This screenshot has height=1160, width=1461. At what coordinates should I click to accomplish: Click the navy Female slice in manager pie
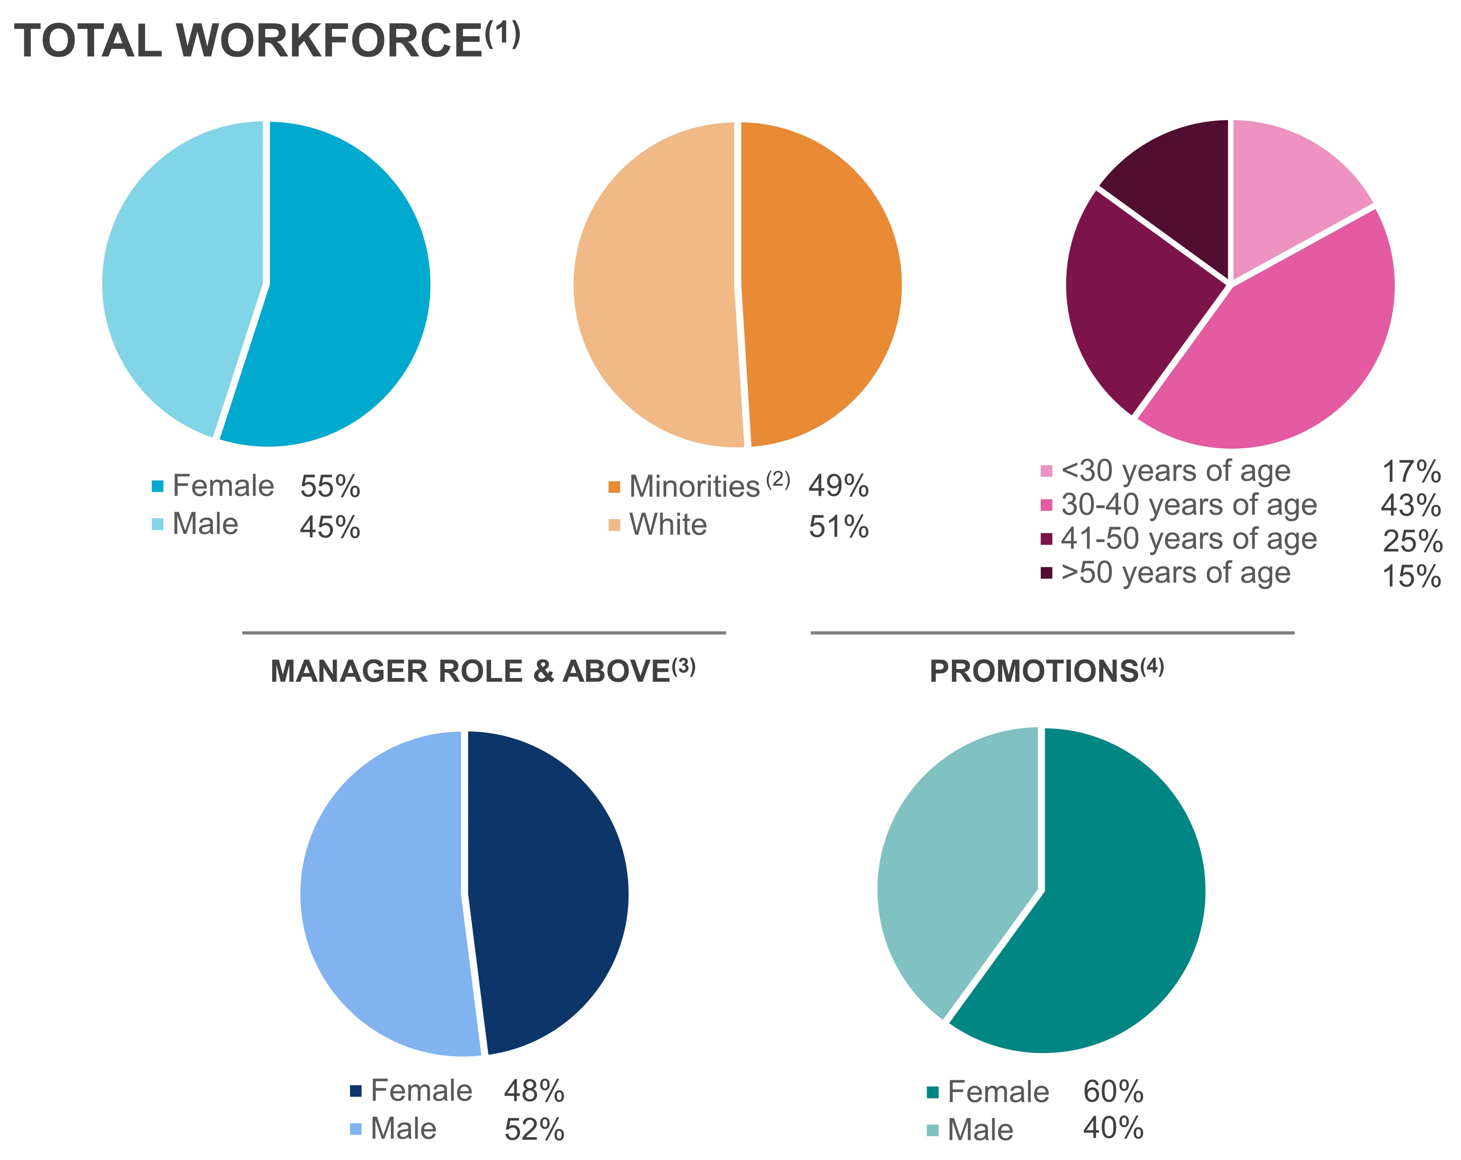549,888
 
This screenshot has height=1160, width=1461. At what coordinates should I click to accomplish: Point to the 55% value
330,486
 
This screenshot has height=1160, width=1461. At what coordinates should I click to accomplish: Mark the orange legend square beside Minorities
614,486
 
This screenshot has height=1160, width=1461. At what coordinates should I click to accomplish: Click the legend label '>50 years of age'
1176,573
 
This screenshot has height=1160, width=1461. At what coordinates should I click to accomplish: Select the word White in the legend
668,524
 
